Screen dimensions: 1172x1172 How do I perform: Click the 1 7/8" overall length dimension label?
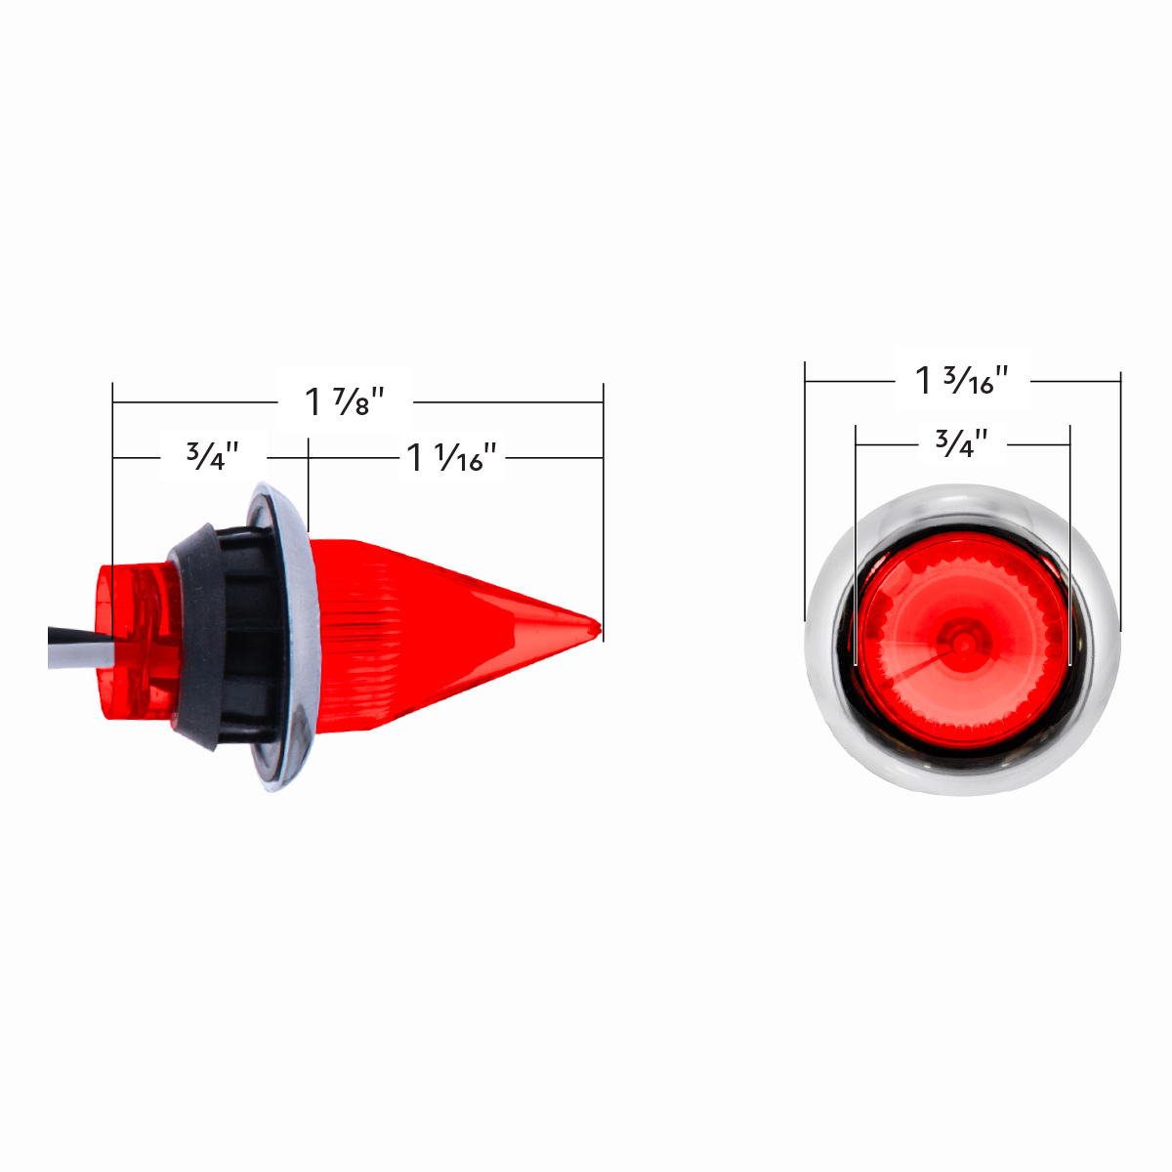(x=345, y=400)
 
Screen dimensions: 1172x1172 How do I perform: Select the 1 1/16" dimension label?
(x=452, y=457)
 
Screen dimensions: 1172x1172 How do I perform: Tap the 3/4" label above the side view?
(x=213, y=456)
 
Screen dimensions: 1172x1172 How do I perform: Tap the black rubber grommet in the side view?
(x=195, y=635)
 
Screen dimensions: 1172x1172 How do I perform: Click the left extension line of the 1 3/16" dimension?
(x=805, y=488)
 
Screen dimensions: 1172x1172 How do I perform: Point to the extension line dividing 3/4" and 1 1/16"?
(x=309, y=483)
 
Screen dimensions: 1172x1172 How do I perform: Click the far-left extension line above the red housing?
(x=113, y=488)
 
